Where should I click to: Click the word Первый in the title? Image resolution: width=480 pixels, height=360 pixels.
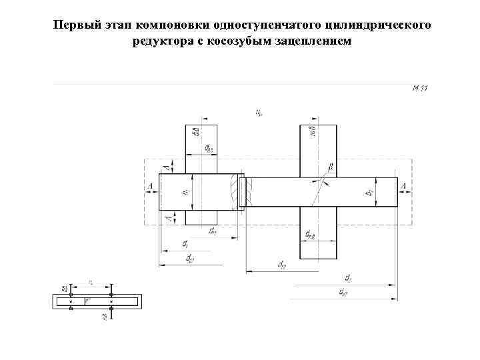[x=74, y=25]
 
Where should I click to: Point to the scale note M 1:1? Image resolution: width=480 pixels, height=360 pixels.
[x=419, y=88]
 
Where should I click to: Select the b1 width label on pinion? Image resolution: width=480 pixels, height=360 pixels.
[x=186, y=191]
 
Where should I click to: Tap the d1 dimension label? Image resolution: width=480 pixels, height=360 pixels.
[x=185, y=244]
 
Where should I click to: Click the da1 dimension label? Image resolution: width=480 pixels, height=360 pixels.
[x=190, y=257]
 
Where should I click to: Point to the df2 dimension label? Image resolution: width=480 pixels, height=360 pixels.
[x=281, y=265]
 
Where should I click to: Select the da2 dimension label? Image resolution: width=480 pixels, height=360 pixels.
[x=343, y=291]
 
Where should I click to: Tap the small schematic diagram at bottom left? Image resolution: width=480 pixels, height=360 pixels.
[x=97, y=301]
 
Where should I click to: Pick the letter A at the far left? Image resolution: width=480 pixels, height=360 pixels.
[x=151, y=186]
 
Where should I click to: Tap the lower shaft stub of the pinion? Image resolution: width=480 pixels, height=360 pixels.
[x=201, y=217]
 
